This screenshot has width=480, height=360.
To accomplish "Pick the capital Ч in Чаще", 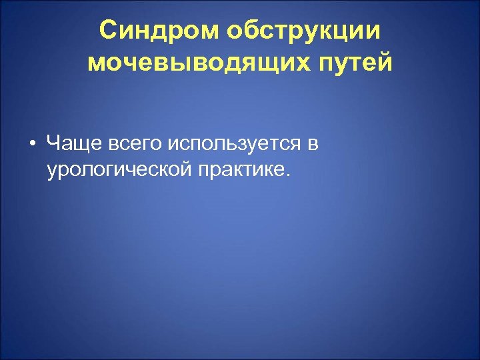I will (54, 142).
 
